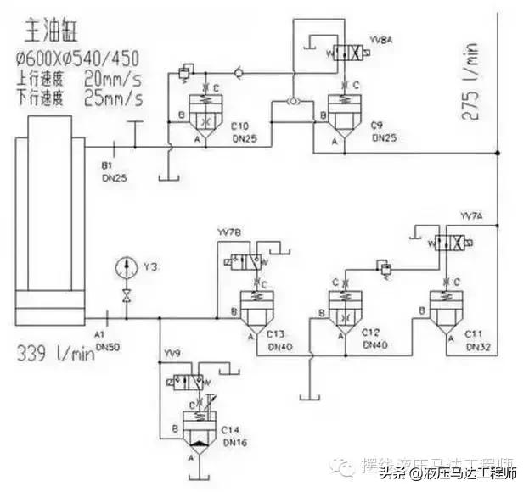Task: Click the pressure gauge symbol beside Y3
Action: click(x=127, y=266)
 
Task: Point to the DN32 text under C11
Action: click(x=475, y=347)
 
